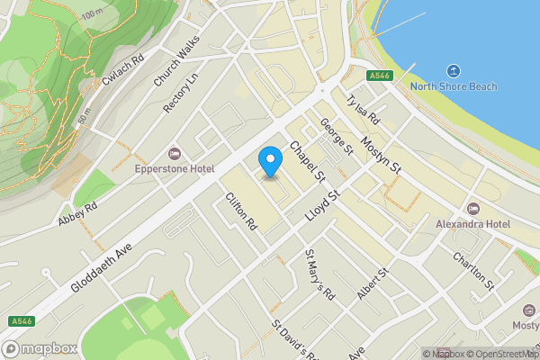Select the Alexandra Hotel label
point(472,223)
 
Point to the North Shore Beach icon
point(454,70)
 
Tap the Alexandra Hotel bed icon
point(473,208)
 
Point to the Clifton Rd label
point(241,211)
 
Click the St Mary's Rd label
point(319,274)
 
